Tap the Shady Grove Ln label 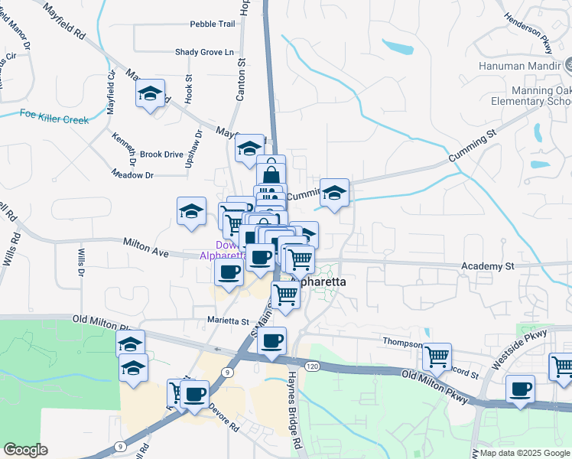[203, 52]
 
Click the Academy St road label [488, 266]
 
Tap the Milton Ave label [145, 248]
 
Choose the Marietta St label [229, 321]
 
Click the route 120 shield [311, 367]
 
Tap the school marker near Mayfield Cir [151, 95]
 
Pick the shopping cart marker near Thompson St [437, 356]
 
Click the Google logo [25, 449]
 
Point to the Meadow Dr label [133, 175]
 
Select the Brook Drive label [161, 154]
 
